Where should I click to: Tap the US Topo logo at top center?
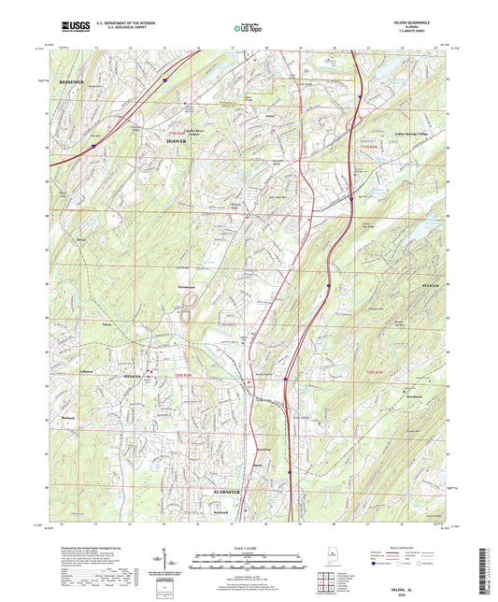pyautogui.click(x=248, y=29)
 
